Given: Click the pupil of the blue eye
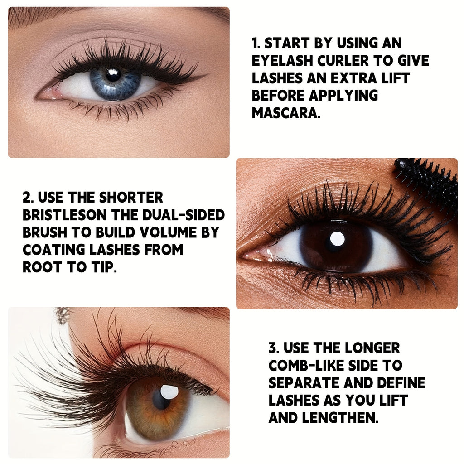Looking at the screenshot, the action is [x=113, y=74].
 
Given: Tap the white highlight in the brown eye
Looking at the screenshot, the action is [x=337, y=239].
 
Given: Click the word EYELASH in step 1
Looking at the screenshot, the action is [x=282, y=61].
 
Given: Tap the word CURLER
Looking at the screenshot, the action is [x=343, y=61].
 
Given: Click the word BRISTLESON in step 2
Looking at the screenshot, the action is [x=65, y=215].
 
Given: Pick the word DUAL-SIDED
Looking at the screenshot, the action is [x=184, y=215].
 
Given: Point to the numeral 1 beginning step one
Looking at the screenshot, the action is [x=255, y=43].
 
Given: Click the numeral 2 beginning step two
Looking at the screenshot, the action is [x=27, y=198].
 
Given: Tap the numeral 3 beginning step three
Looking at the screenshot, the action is [x=273, y=348].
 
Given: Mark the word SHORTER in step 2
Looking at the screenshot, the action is [x=130, y=198].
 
